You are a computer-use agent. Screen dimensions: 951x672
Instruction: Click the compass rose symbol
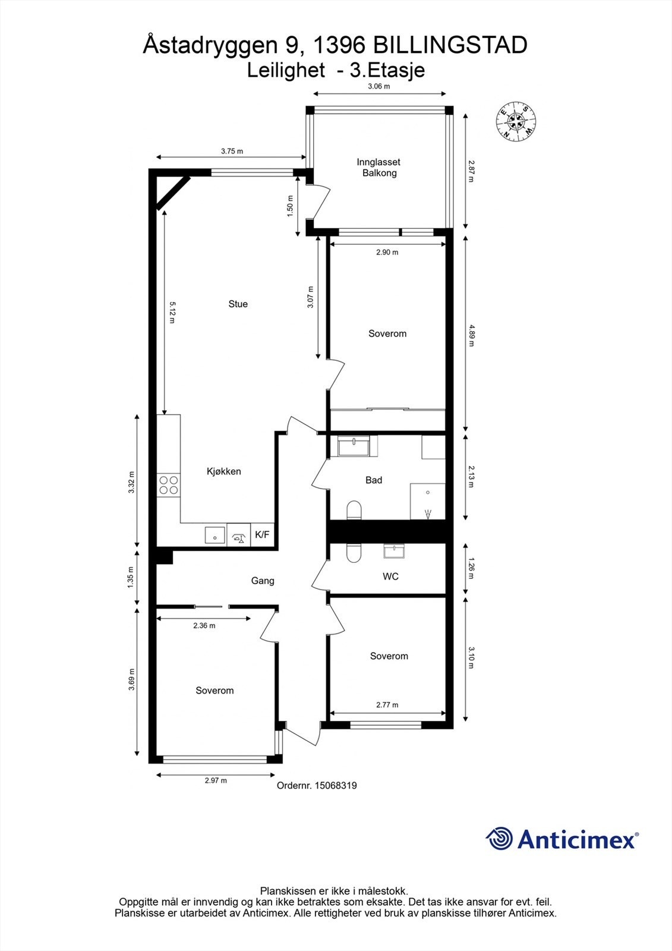[x=516, y=121]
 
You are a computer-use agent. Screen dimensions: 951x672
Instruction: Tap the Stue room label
[x=238, y=304]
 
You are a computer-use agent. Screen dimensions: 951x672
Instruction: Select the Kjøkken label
[x=223, y=471]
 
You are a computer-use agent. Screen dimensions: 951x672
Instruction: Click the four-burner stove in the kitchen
[x=168, y=486]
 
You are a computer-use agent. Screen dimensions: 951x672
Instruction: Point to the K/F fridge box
[x=262, y=535]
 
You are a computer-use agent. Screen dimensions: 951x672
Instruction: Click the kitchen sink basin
[x=214, y=535]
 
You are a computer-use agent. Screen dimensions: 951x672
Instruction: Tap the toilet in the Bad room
[x=354, y=511]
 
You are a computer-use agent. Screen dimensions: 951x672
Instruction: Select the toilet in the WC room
[x=354, y=553]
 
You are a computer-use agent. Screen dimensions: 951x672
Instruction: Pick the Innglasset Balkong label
[x=378, y=168]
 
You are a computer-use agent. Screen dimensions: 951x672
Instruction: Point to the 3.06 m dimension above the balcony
[x=378, y=86]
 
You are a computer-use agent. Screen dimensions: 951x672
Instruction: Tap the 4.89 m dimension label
[x=471, y=335]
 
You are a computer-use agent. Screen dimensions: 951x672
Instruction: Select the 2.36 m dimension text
[x=204, y=625]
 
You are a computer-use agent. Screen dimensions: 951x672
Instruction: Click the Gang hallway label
[x=263, y=581]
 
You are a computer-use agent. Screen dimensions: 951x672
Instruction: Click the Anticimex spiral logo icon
[x=499, y=839]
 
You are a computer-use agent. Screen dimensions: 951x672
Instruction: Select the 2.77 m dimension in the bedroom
[x=387, y=705]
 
